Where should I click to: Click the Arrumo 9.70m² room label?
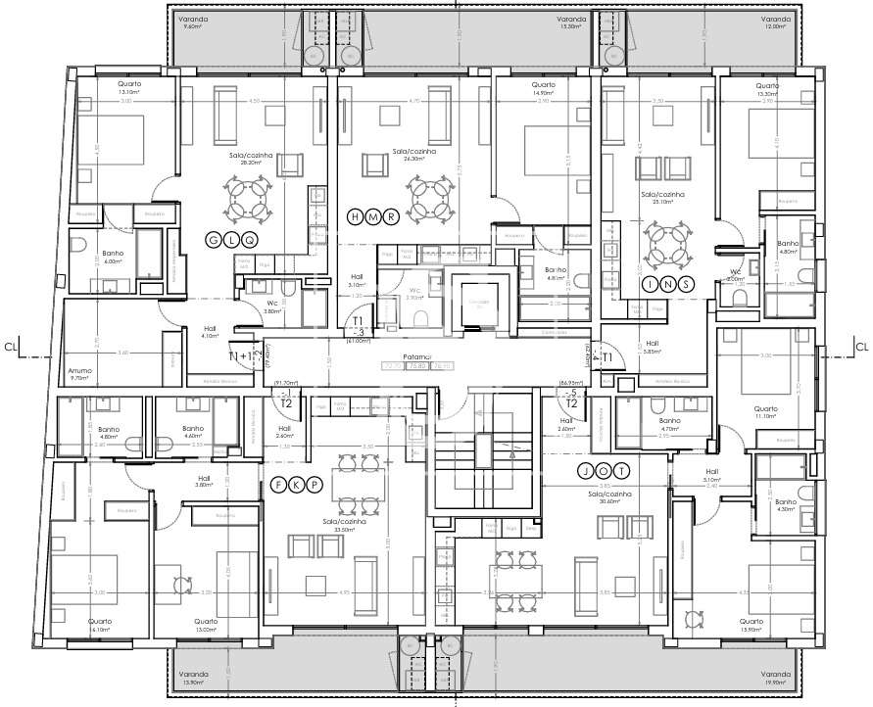pyautogui.click(x=79, y=373)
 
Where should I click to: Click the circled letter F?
pyautogui.click(x=278, y=484)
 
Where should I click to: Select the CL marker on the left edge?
pyautogui.click(x=11, y=346)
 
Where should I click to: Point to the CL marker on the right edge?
pyautogui.click(x=862, y=346)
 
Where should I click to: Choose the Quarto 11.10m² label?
pyautogui.click(x=765, y=412)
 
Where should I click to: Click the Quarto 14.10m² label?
pyautogui.click(x=99, y=625)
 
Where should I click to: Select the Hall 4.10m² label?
pyautogui.click(x=210, y=333)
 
